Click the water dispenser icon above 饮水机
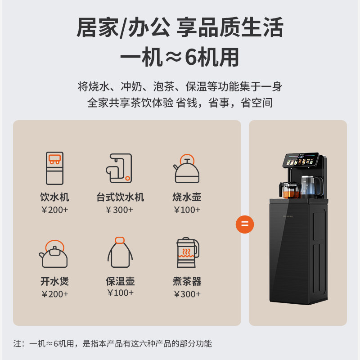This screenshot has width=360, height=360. (x=54, y=167)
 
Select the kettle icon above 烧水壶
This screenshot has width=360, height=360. (x=186, y=169)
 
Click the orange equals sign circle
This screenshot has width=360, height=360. (x=245, y=224)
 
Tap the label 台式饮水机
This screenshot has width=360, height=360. (x=120, y=197)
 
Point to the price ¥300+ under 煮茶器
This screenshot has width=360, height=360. (x=187, y=294)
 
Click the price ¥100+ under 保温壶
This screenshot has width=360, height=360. (x=120, y=293)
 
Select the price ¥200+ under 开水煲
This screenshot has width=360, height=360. (x=54, y=294)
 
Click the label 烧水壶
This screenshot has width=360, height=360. (x=187, y=197)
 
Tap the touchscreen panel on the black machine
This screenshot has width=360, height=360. (x=301, y=161)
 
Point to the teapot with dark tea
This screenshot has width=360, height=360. (x=289, y=190)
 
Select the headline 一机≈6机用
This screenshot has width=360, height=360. (x=180, y=57)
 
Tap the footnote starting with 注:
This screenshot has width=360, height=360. (x=112, y=344)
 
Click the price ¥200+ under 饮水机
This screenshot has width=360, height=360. (x=54, y=210)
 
